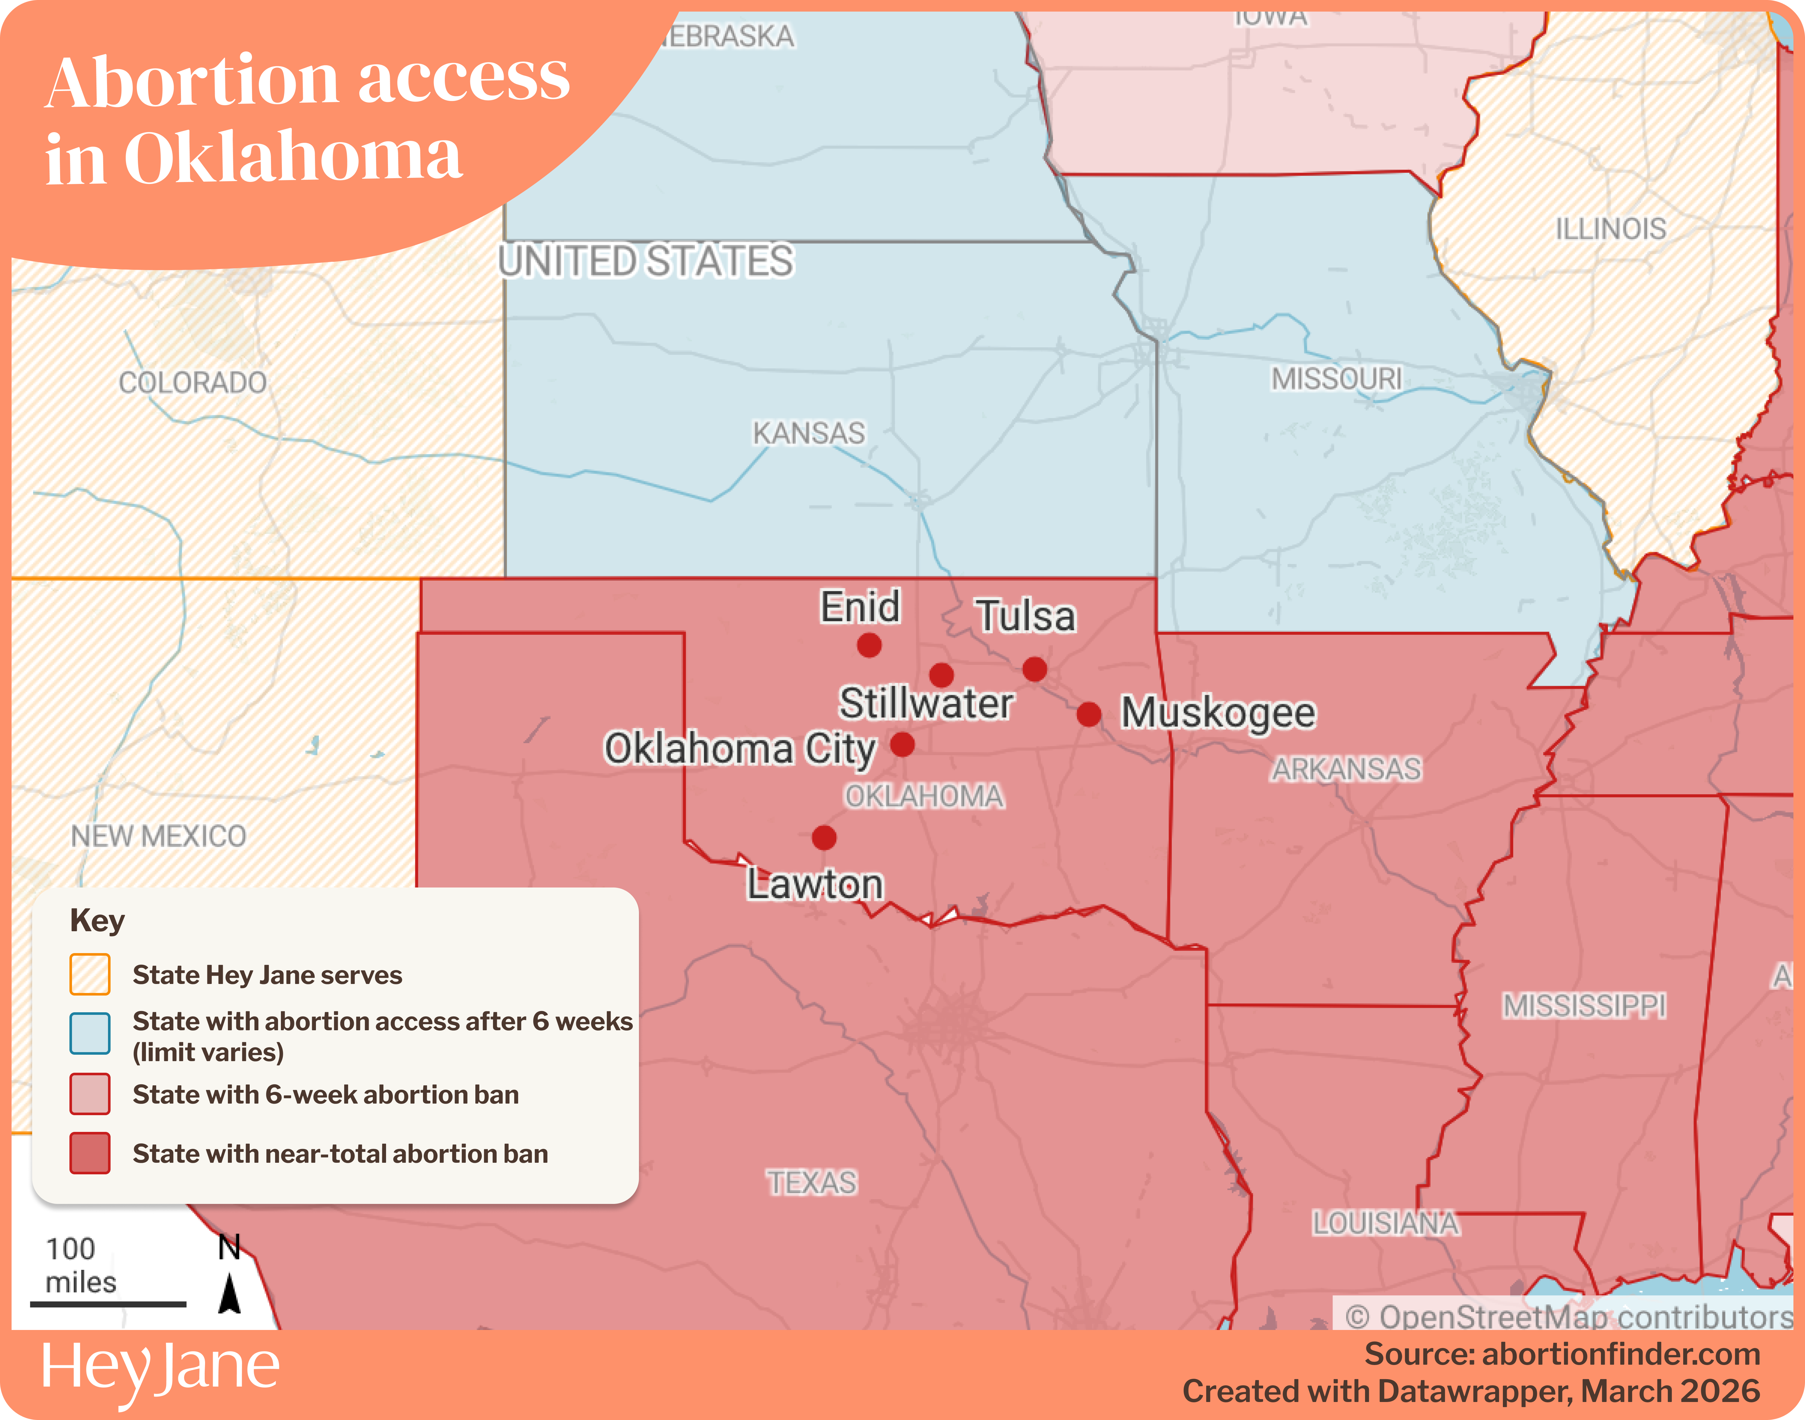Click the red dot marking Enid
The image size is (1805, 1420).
(869, 645)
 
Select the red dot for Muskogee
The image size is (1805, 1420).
(1089, 714)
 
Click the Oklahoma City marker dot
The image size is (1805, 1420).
(902, 744)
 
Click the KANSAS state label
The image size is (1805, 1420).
(809, 433)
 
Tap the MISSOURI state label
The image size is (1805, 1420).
(1336, 379)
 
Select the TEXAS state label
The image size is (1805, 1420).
(811, 1182)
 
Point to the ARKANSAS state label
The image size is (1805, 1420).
(1346, 769)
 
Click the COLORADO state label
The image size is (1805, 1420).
(193, 382)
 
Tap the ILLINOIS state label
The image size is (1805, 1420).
(1611, 229)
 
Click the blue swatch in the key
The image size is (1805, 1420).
(90, 1033)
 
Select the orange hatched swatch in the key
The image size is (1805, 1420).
(90, 974)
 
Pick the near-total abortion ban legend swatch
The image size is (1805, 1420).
(90, 1153)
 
